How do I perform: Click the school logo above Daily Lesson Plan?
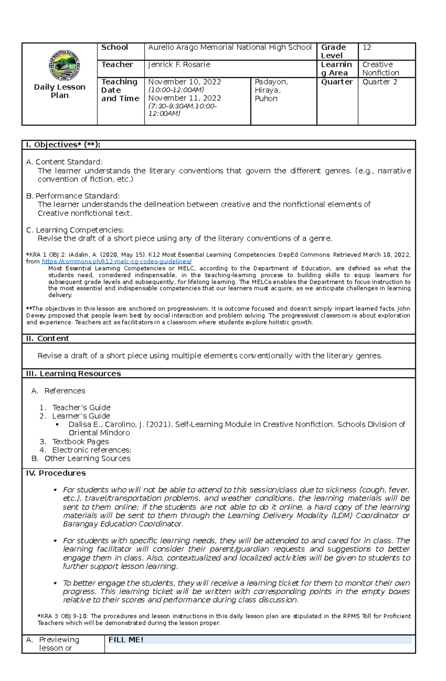pyautogui.click(x=64, y=65)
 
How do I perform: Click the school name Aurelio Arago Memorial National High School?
pyautogui.click(x=230, y=48)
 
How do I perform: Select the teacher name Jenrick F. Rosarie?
pyautogui.click(x=179, y=65)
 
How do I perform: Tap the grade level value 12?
pyautogui.click(x=367, y=48)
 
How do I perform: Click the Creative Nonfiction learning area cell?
pyautogui.click(x=381, y=69)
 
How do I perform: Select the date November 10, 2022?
pyautogui.click(x=184, y=82)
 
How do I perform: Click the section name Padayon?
pyautogui.click(x=271, y=82)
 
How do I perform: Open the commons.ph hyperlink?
pyautogui.click(x=117, y=262)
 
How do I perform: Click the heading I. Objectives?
pyautogui.click(x=63, y=145)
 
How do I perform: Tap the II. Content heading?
pyautogui.click(x=48, y=338)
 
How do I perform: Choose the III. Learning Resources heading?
pyautogui.click(x=73, y=374)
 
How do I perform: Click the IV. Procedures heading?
pyautogui.click(x=56, y=473)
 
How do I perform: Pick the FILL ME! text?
pyautogui.click(x=126, y=640)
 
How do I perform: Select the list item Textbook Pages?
pyautogui.click(x=80, y=442)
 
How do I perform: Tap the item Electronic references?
pyautogui.click(x=91, y=450)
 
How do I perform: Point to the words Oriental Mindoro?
pyautogui.click(x=99, y=433)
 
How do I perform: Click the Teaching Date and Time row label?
pyautogui.click(x=120, y=90)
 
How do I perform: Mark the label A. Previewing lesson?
pyautogui.click(x=59, y=644)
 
